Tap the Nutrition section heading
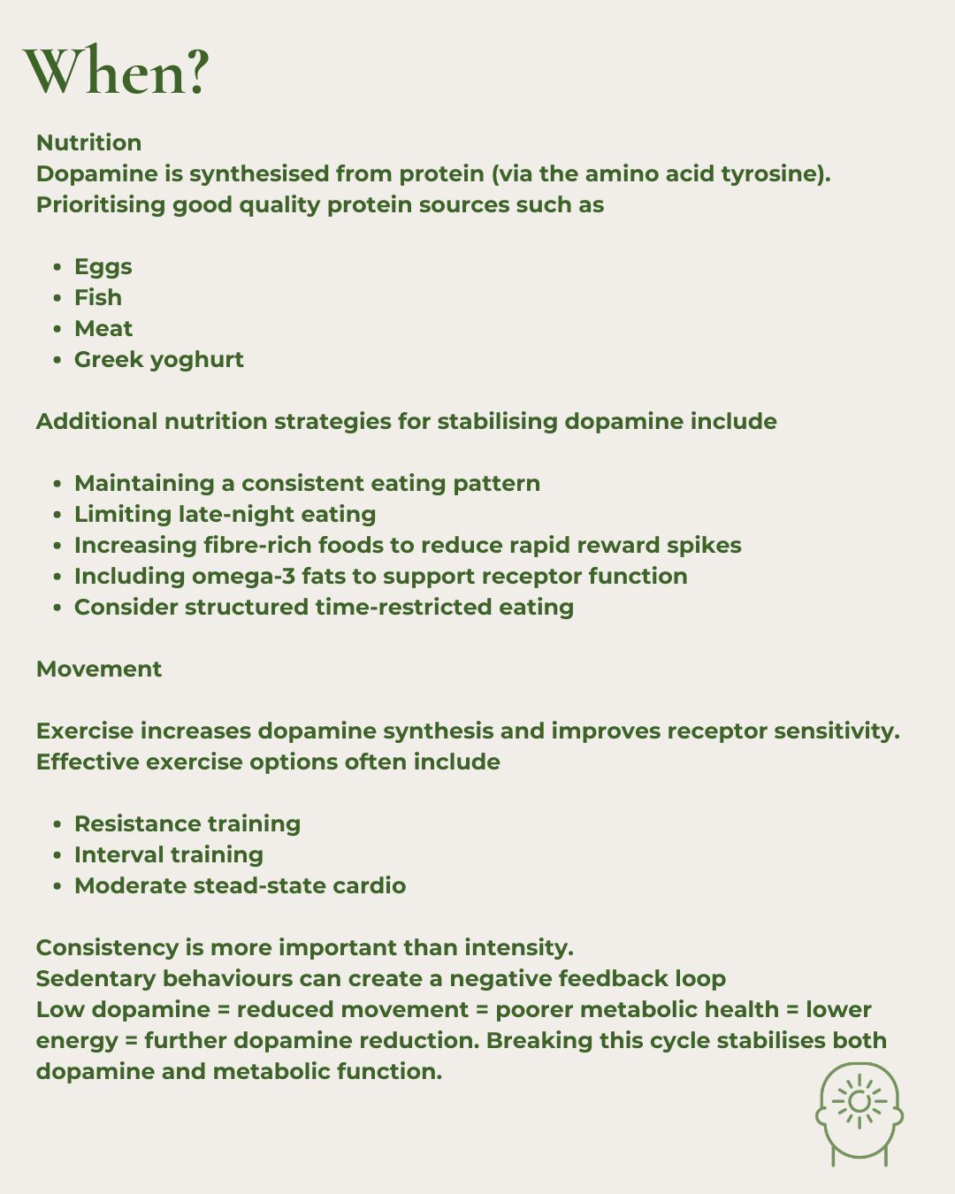[x=88, y=142]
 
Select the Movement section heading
[x=99, y=669]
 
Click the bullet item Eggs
[x=103, y=266]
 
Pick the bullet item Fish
[x=97, y=297]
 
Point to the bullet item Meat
[x=103, y=328]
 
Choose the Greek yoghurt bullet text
[x=158, y=359]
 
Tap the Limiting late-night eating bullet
[x=225, y=514]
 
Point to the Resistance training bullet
[x=187, y=823]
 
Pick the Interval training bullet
[x=168, y=854]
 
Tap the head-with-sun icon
[x=859, y=1114]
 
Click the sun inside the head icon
[x=859, y=1101]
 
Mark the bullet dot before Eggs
[x=57, y=267]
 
